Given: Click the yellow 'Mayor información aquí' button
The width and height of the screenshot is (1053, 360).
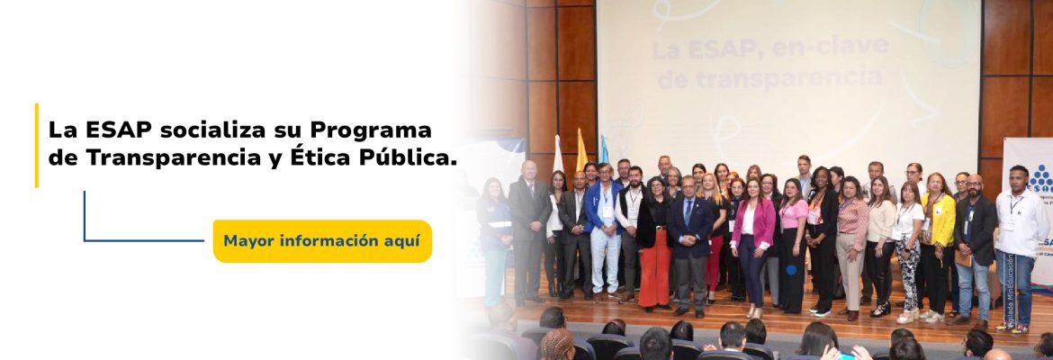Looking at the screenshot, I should (322, 241).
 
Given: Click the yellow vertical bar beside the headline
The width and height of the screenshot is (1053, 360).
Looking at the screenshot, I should (37, 145).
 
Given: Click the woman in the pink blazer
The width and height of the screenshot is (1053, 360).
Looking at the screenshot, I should (751, 238).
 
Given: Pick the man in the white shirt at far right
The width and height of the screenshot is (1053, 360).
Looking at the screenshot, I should (1020, 238).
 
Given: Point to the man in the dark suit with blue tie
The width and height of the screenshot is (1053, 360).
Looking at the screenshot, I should (690, 238).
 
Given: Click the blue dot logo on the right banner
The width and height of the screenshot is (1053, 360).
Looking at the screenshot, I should (1041, 179).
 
